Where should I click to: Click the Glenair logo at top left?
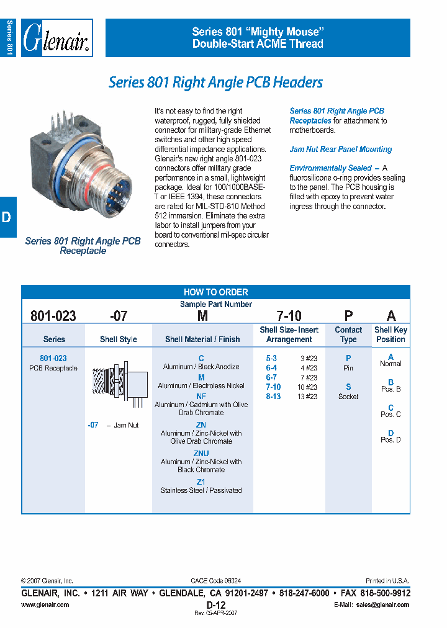[x=56, y=38]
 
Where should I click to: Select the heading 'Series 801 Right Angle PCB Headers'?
[x=215, y=83]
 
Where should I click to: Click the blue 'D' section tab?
[x=7, y=217]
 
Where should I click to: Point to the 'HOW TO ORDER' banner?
[x=215, y=292]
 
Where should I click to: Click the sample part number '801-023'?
[x=53, y=316]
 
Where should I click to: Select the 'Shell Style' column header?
[x=118, y=339]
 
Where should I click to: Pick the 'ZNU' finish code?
[x=201, y=454]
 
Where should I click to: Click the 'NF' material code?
[x=201, y=396]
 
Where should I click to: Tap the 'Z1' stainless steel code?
[x=201, y=482]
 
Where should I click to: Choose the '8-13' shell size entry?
[x=273, y=397]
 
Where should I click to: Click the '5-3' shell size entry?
[x=271, y=359]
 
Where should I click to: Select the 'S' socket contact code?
[x=348, y=387]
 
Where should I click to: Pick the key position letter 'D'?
[x=391, y=433]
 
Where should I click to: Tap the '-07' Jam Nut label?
[x=94, y=425]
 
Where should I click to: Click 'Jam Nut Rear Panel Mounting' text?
[x=340, y=150]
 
